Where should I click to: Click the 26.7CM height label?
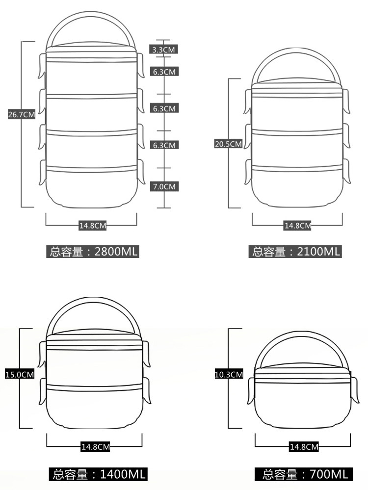click(x=22, y=115)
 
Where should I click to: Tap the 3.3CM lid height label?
click(x=164, y=49)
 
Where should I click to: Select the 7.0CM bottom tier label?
click(x=164, y=186)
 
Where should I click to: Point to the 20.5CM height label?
click(x=228, y=144)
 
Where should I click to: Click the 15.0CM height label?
click(x=19, y=374)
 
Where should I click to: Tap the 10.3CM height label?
click(x=229, y=374)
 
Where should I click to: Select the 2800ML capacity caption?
click(x=93, y=252)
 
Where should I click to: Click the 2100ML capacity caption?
click(x=296, y=252)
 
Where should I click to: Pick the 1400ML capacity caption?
click(x=98, y=474)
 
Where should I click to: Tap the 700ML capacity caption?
click(x=304, y=474)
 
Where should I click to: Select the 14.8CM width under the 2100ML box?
click(x=298, y=226)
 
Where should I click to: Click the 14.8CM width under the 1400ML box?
click(x=95, y=447)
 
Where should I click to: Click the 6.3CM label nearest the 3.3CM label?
click(x=164, y=72)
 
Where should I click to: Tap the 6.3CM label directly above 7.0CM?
click(x=164, y=145)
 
